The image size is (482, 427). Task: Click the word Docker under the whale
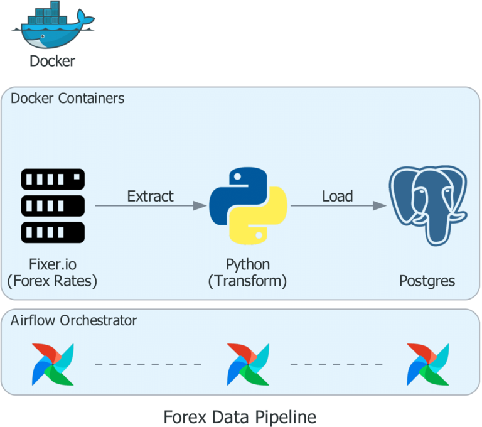coord(53,61)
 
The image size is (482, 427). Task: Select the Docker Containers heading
coord(67,99)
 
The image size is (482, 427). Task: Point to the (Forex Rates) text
coord(53,281)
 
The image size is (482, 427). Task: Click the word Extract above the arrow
coord(150,196)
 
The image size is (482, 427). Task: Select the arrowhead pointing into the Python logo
coord(200,206)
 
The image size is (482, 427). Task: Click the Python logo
coord(248,205)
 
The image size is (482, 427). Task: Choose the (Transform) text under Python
coord(247,281)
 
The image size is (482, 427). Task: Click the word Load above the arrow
coord(337,196)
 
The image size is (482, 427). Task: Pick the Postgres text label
coord(427,281)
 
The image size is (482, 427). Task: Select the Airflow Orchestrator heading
coord(73,320)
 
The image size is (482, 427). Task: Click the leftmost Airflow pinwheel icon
coord(53,364)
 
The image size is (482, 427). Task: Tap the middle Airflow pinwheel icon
coord(247,364)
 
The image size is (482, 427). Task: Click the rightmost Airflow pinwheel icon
coord(427,364)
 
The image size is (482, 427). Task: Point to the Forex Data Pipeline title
coord(240,416)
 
